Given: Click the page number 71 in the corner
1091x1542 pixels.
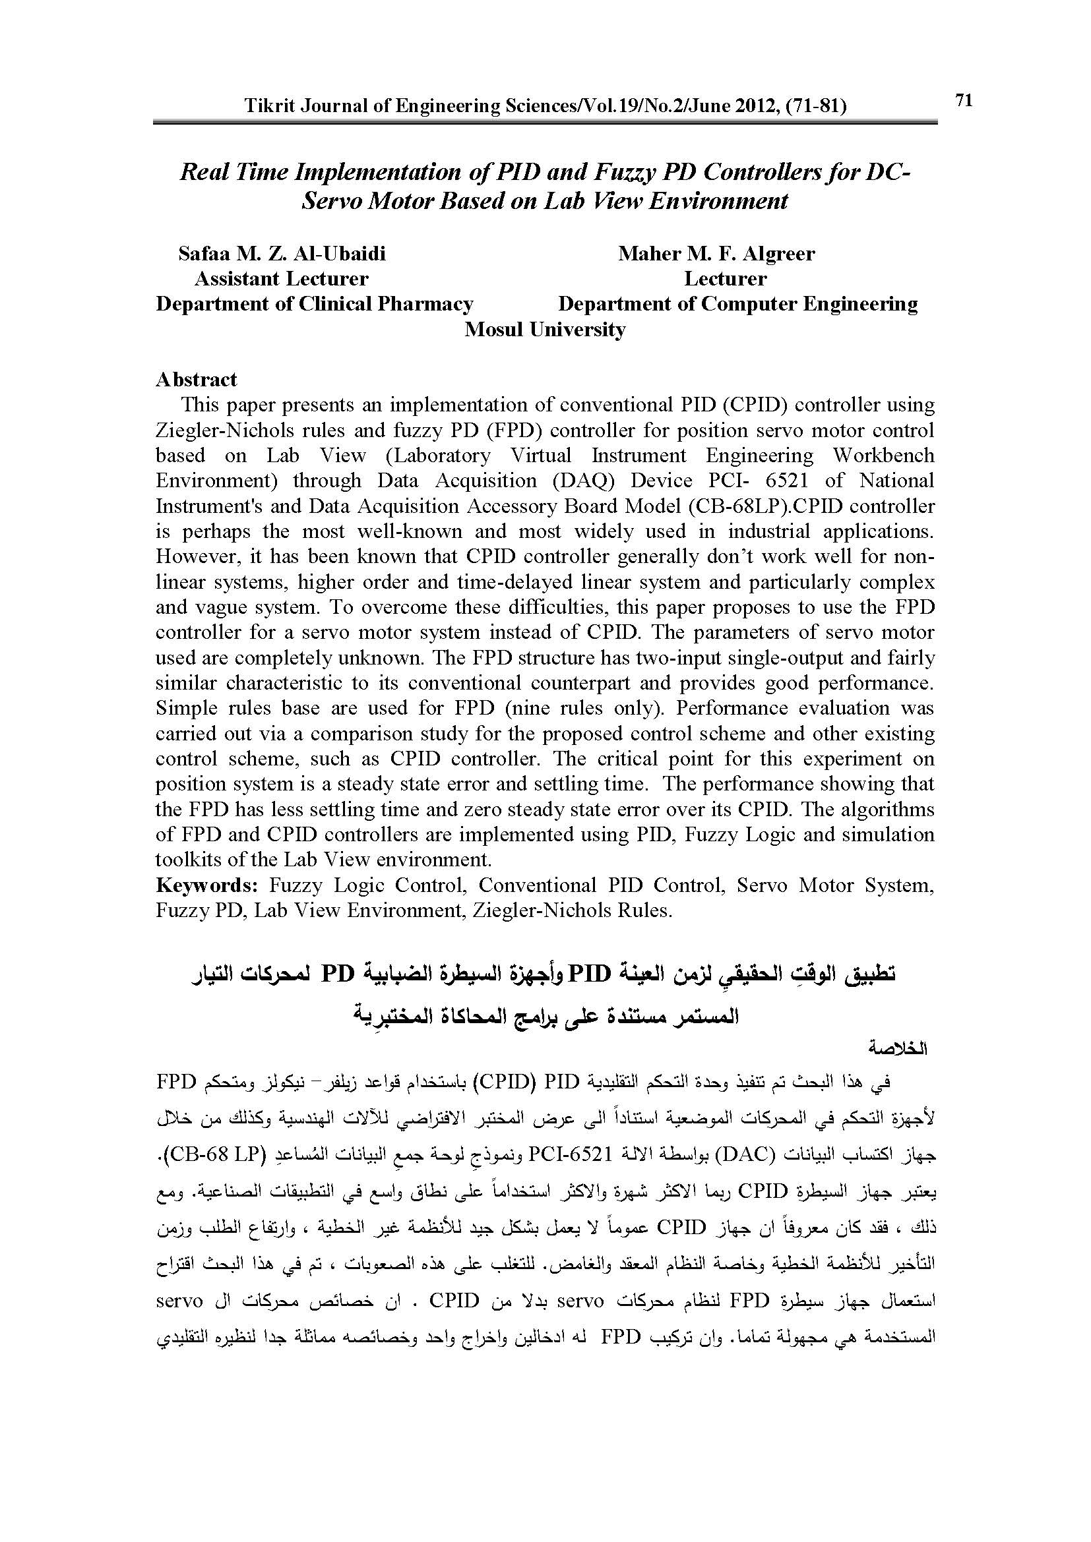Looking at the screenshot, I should click(963, 100).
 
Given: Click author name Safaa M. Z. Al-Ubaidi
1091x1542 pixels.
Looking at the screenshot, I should click(282, 253).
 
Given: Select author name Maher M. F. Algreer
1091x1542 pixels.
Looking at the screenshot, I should click(716, 253).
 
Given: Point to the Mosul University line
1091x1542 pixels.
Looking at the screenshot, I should click(545, 329).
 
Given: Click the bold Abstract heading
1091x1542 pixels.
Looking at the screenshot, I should click(196, 380).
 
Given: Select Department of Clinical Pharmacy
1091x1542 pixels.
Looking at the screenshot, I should click(315, 303).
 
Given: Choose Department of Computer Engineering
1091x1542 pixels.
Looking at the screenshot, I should click(737, 303).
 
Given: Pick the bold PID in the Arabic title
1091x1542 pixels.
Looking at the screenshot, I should click(590, 972).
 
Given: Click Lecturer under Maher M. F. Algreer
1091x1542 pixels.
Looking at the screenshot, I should click(725, 279).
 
